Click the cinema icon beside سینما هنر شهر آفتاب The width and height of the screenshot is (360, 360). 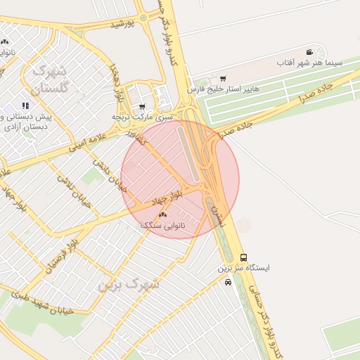click(310, 53)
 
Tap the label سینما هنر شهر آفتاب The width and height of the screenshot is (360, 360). click(310, 63)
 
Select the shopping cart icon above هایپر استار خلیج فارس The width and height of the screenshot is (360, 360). click(223, 79)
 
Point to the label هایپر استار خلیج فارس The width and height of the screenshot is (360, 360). click(224, 90)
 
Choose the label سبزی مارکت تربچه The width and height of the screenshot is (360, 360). click(142, 117)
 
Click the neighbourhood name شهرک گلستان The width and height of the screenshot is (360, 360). click(50, 79)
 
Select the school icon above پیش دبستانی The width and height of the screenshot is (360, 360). click(26, 106)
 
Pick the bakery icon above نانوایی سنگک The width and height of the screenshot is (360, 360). click(163, 214)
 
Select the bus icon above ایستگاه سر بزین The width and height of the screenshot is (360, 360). click(243, 257)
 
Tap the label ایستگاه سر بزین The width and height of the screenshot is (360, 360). click(243, 269)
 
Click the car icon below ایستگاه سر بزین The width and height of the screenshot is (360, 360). click(228, 282)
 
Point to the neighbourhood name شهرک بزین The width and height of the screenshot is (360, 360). click(129, 284)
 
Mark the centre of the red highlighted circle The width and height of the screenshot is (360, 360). click(180, 179)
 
